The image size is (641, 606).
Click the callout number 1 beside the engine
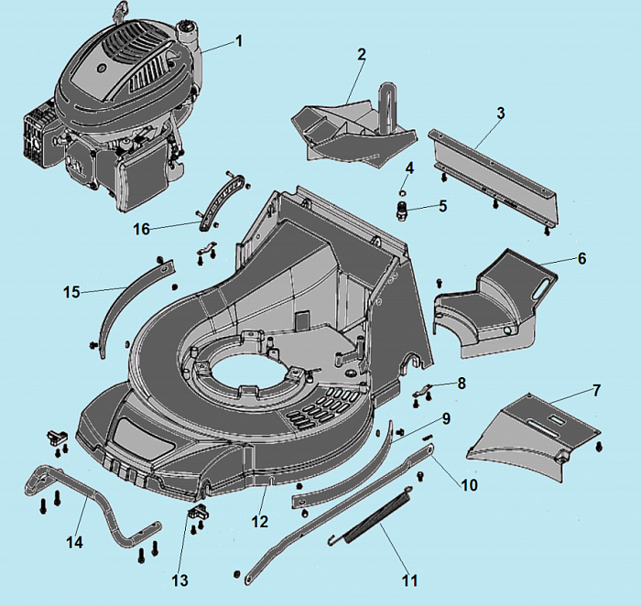(239, 40)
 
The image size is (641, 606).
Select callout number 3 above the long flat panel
(500, 113)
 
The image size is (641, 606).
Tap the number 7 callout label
(596, 391)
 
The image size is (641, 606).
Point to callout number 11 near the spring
(409, 580)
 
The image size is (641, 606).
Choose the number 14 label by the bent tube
(74, 543)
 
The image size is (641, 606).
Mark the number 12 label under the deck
(260, 522)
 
